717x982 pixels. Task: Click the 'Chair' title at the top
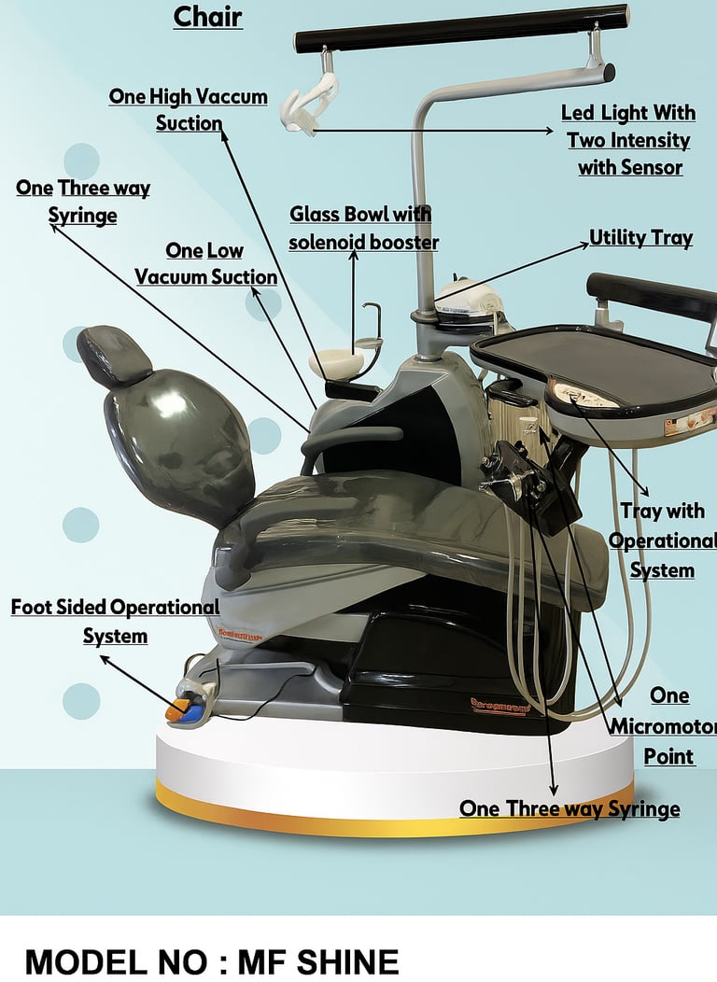click(207, 16)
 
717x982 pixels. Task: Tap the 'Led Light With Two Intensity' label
click(628, 140)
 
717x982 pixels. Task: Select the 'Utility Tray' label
click(640, 238)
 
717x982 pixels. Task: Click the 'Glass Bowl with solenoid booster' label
click(361, 228)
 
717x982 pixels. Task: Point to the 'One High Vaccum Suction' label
click(189, 109)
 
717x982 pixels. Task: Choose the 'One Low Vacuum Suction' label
click(205, 263)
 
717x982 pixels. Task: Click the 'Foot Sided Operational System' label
click(115, 621)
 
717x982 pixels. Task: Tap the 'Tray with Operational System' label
click(662, 540)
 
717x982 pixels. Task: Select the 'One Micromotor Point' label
click(668, 725)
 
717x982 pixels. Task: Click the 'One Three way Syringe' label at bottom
click(569, 808)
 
